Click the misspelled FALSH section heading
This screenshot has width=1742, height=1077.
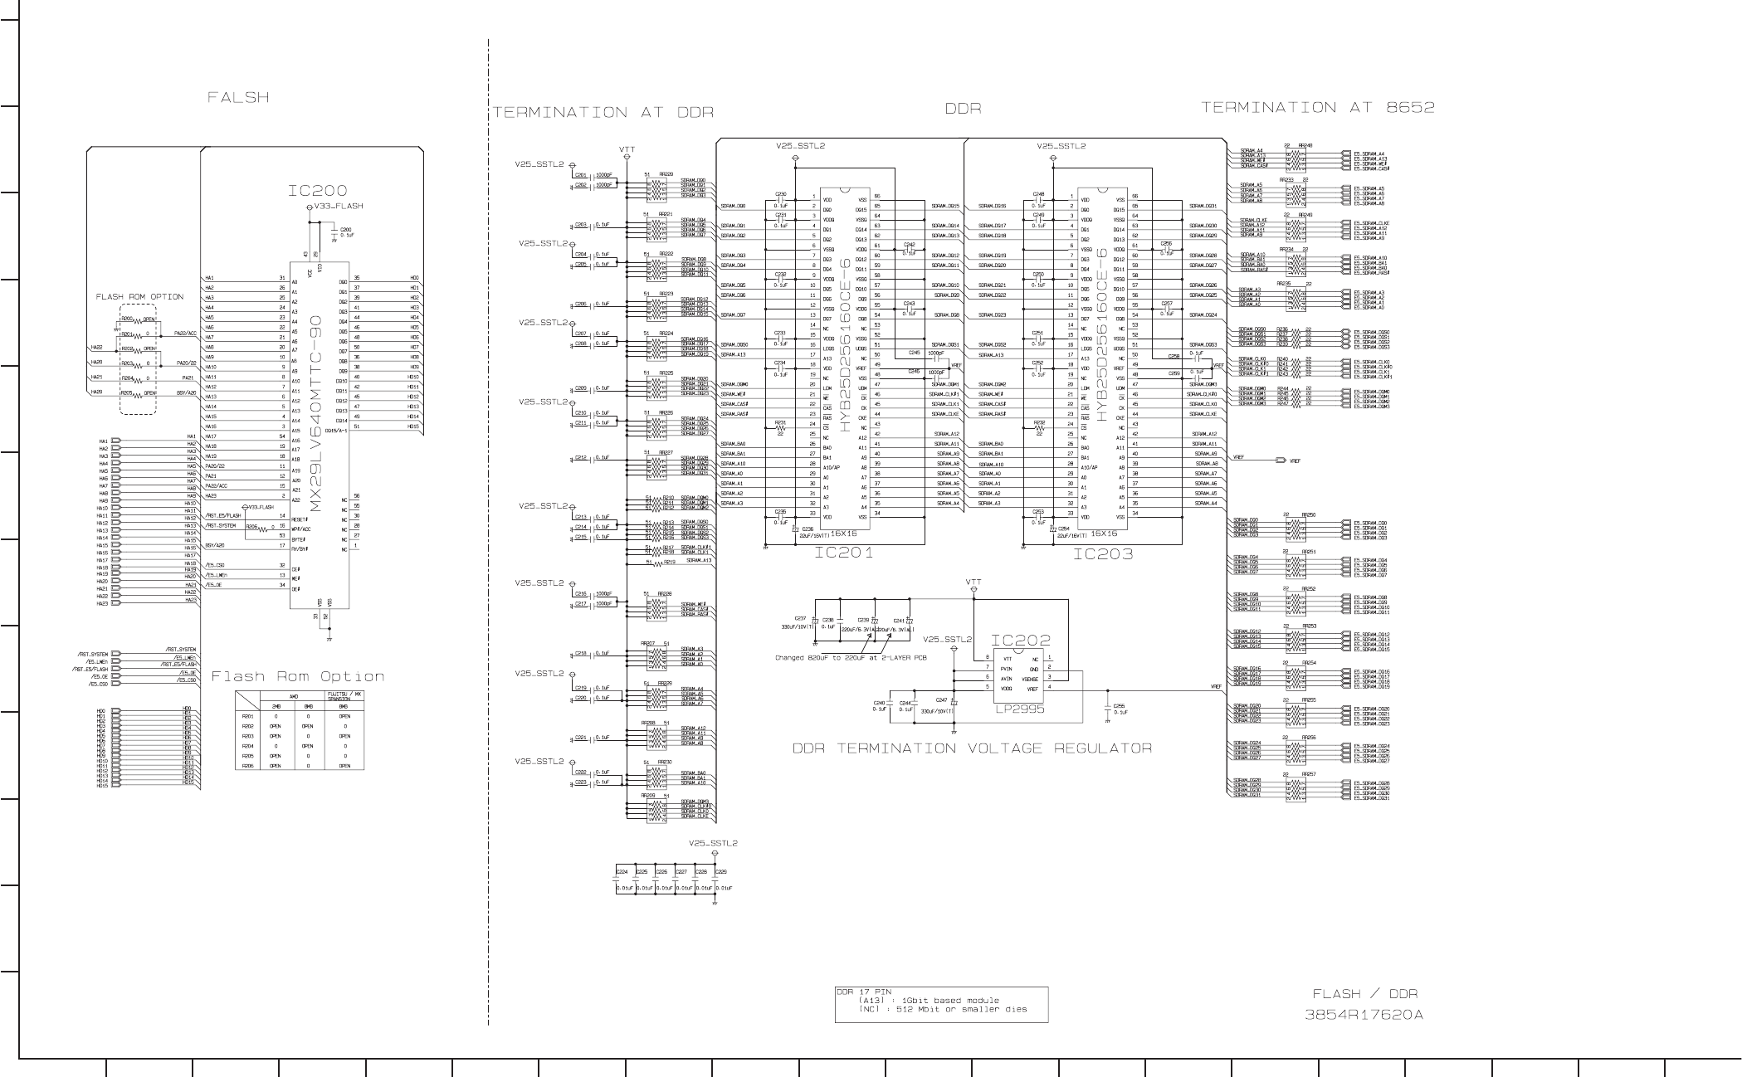238,98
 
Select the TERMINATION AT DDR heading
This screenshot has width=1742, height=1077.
603,112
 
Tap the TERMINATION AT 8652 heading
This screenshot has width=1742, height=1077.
1318,107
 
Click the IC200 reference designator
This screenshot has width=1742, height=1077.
318,192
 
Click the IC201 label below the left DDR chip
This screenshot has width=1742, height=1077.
843,553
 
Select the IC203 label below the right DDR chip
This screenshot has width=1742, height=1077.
1102,553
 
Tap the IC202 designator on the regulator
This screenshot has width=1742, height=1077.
1020,641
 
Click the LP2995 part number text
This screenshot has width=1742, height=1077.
1020,709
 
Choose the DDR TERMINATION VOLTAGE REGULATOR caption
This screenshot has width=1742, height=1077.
972,748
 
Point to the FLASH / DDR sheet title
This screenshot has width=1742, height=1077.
1365,993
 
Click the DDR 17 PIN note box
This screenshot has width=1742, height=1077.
941,1004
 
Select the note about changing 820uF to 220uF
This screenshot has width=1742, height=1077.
851,658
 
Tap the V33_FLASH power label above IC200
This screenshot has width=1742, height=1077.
339,206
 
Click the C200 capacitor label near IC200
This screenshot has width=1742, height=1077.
346,229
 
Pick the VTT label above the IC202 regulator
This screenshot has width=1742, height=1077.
973,582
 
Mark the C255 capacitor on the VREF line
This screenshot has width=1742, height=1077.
1118,706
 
